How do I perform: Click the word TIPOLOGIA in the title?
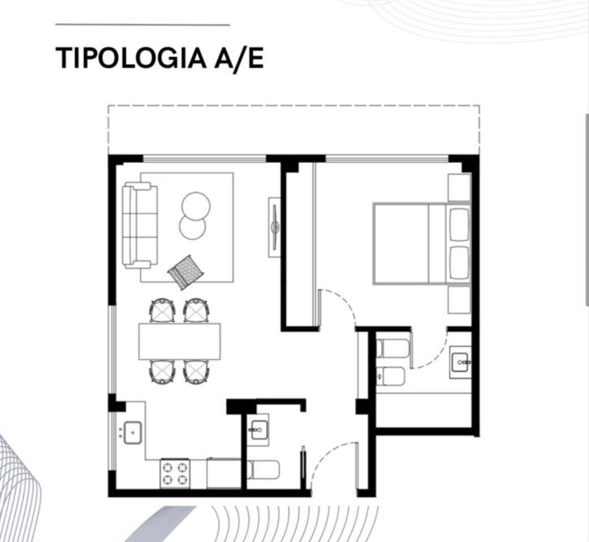(x=131, y=58)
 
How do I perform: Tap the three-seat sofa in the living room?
(x=140, y=225)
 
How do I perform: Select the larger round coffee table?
(x=196, y=206)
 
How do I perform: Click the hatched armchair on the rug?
(x=186, y=272)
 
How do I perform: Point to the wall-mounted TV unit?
(x=274, y=227)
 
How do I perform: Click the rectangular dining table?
(x=179, y=341)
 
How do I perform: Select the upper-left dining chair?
(x=162, y=310)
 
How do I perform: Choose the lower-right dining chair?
(x=196, y=371)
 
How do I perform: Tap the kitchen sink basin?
(x=132, y=432)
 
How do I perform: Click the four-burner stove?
(x=175, y=473)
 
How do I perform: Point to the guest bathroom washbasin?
(x=259, y=430)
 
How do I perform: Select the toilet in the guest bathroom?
(x=263, y=470)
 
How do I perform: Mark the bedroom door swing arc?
(x=342, y=301)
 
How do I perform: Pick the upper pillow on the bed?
(x=459, y=224)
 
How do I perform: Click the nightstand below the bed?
(x=459, y=300)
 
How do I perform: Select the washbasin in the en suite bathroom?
(x=460, y=362)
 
